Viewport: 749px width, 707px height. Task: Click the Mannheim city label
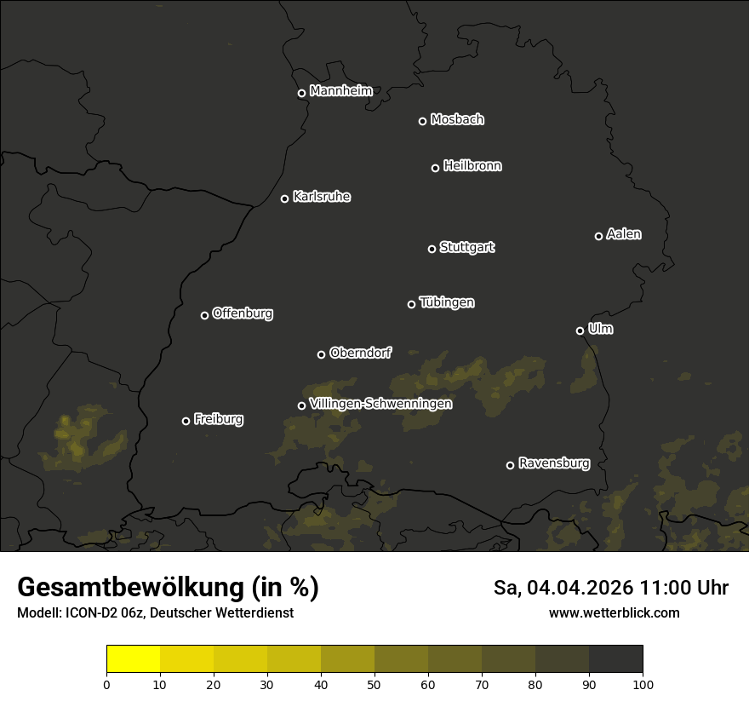point(340,91)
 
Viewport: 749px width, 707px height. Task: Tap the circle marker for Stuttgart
point(432,249)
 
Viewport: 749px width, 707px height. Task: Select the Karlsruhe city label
point(321,197)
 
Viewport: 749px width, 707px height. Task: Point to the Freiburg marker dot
point(186,421)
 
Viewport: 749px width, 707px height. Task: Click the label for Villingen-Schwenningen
point(380,404)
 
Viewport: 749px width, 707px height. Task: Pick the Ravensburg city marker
point(510,465)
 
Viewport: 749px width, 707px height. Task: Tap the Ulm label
point(600,329)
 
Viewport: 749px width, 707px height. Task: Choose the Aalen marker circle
point(598,236)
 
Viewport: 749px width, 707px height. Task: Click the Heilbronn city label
point(472,166)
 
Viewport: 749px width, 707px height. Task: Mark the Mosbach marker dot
point(422,121)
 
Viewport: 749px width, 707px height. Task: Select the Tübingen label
point(447,302)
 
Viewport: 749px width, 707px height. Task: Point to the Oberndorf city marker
point(321,354)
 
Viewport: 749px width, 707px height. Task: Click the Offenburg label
point(243,313)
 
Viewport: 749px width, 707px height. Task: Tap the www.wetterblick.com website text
point(614,613)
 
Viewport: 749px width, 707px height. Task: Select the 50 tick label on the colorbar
point(374,684)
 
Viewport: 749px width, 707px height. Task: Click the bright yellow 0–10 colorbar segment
point(133,659)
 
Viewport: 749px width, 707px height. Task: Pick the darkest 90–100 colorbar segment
point(615,659)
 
